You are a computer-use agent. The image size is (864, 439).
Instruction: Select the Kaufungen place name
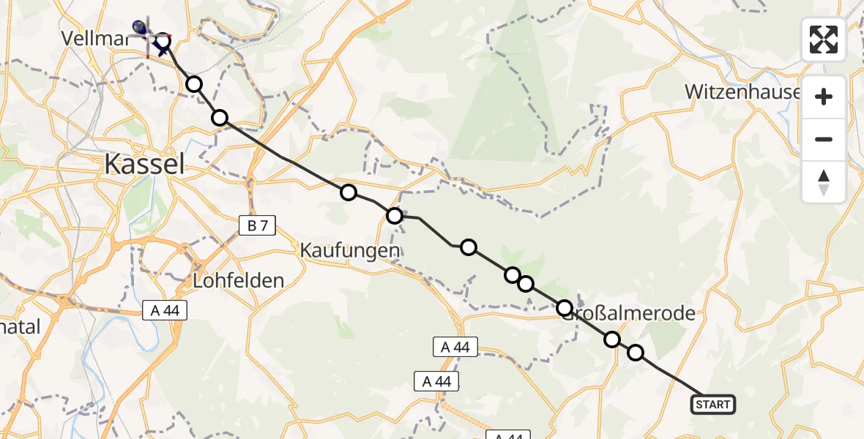350,251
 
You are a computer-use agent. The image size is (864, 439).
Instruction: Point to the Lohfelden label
238,280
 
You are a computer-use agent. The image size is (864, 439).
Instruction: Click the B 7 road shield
257,226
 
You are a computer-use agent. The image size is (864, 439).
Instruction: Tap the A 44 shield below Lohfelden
165,311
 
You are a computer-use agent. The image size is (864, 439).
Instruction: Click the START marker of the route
712,404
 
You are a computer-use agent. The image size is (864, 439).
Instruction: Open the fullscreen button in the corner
824,40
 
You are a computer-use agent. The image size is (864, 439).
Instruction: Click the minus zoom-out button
824,139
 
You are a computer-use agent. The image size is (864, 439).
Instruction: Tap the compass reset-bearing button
824,181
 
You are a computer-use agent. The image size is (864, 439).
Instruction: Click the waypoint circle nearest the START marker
636,353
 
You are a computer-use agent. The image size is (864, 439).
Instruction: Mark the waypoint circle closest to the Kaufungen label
395,216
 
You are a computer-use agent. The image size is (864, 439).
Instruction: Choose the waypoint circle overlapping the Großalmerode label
565,308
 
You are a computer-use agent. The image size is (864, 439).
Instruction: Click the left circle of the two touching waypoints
512,275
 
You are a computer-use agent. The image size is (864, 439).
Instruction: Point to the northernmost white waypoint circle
194,84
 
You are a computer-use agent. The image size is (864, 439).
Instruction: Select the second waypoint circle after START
612,339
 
